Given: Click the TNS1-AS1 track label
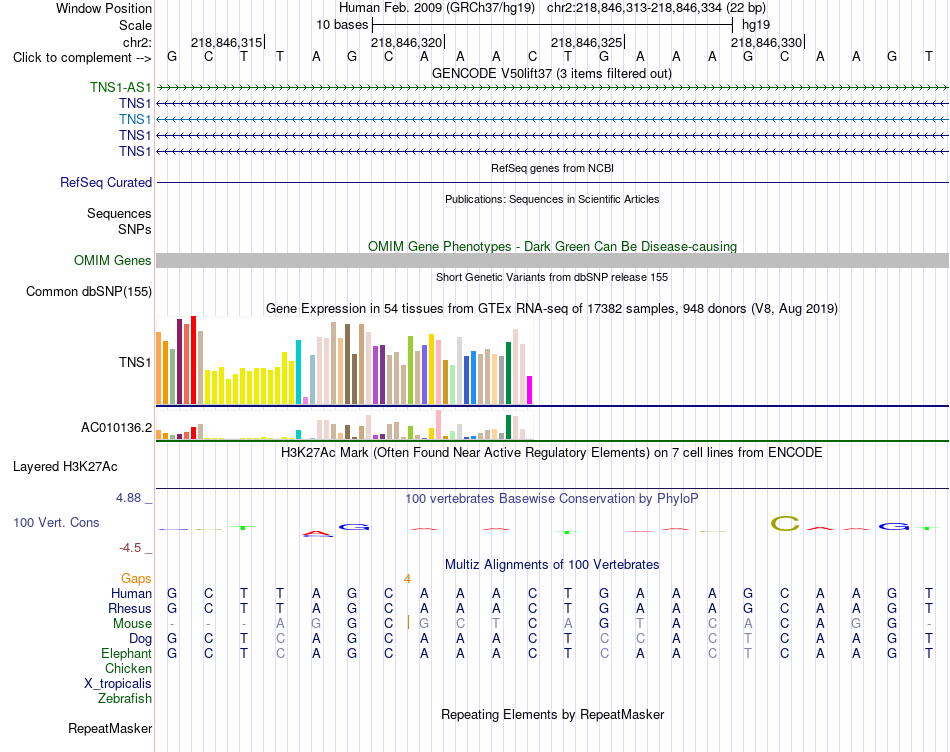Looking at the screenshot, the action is click(121, 87).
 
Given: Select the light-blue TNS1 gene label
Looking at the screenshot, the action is click(135, 119).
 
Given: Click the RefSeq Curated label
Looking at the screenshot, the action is click(106, 182).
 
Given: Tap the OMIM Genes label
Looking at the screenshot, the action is click(113, 261).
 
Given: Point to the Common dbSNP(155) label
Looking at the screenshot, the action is click(89, 291).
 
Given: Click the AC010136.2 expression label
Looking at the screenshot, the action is click(116, 428).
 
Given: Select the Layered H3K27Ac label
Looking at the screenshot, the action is click(65, 467).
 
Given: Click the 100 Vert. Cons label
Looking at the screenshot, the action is click(56, 522).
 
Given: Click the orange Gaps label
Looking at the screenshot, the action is click(136, 579).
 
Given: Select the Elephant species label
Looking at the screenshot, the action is click(126, 654).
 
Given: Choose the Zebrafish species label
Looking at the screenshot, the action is click(125, 699).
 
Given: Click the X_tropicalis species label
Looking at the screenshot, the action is click(118, 684).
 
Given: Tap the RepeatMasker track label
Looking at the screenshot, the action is click(110, 728).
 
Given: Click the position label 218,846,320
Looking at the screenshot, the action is click(407, 42).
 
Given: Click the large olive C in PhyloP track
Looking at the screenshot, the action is click(785, 524).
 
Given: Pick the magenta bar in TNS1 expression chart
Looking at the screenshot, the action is click(530, 390).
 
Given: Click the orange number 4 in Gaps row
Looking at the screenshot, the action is click(408, 579).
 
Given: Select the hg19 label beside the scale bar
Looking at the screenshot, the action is click(756, 25).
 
